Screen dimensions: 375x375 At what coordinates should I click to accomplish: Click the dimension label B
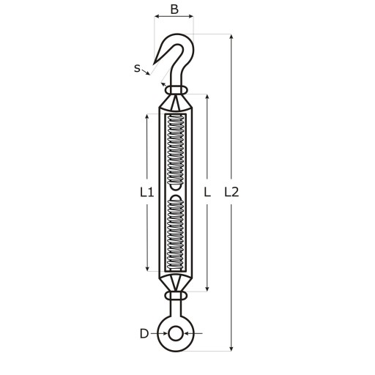[174, 10]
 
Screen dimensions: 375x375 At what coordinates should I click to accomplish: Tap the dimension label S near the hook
[137, 68]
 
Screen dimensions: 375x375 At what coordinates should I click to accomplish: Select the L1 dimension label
[147, 193]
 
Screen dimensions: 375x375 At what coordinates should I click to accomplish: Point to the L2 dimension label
[231, 193]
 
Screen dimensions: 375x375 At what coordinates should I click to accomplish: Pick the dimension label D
[144, 333]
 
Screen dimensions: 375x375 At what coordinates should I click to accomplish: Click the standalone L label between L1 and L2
[207, 193]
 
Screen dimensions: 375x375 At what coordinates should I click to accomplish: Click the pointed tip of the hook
[153, 65]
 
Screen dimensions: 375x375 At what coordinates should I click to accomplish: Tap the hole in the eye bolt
[175, 334]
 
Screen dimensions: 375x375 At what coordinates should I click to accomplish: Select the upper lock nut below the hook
[176, 89]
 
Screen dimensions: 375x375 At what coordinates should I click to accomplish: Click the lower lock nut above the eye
[176, 296]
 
